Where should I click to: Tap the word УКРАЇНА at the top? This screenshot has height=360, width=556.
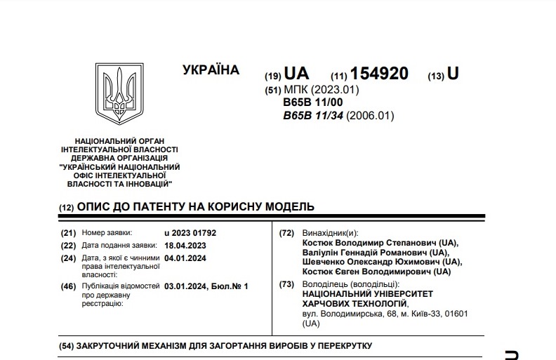point(211,70)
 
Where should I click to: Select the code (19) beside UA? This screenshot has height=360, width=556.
point(272,76)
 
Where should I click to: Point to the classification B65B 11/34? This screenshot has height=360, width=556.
point(314,116)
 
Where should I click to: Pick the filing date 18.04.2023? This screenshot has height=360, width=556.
point(185,245)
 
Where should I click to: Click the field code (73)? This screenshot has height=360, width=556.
point(286,284)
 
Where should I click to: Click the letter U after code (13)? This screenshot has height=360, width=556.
point(453,74)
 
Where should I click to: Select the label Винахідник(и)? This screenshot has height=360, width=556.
point(329,232)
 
